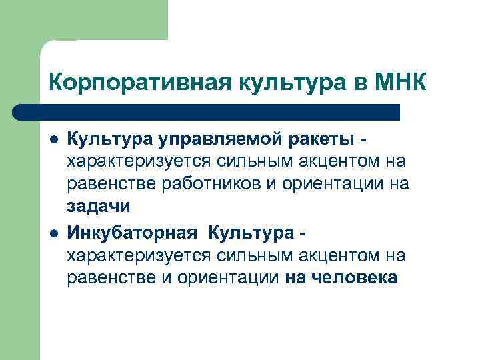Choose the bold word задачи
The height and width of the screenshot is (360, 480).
(x=97, y=207)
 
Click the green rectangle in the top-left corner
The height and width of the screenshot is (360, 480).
(x=83, y=20)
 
